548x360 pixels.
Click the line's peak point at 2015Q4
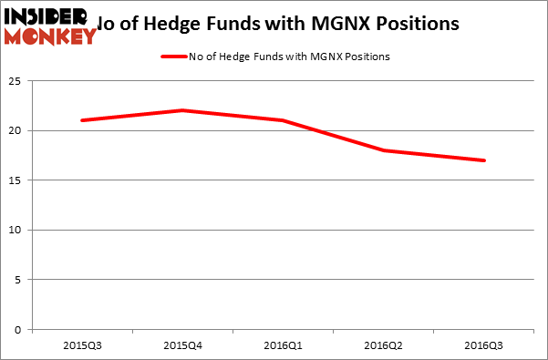click(182, 110)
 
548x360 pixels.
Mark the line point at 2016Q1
click(284, 120)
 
